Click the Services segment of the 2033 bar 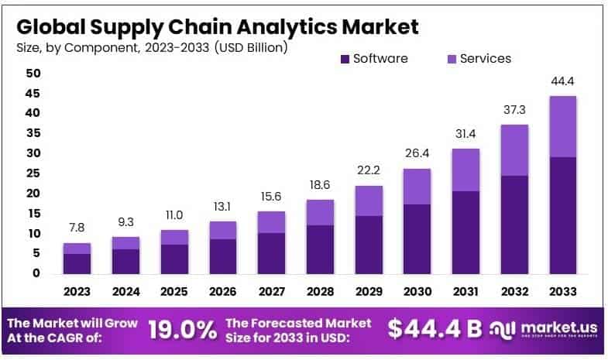click(563, 126)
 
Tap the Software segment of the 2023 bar click(77, 263)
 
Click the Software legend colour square click(344, 59)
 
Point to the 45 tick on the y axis click(33, 93)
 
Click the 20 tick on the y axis click(33, 193)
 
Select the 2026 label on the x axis click(223, 293)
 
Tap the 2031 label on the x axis click(466, 293)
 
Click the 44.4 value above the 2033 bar click(563, 81)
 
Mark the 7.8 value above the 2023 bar click(77, 228)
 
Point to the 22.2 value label click(369, 170)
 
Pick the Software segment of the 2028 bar click(320, 249)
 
